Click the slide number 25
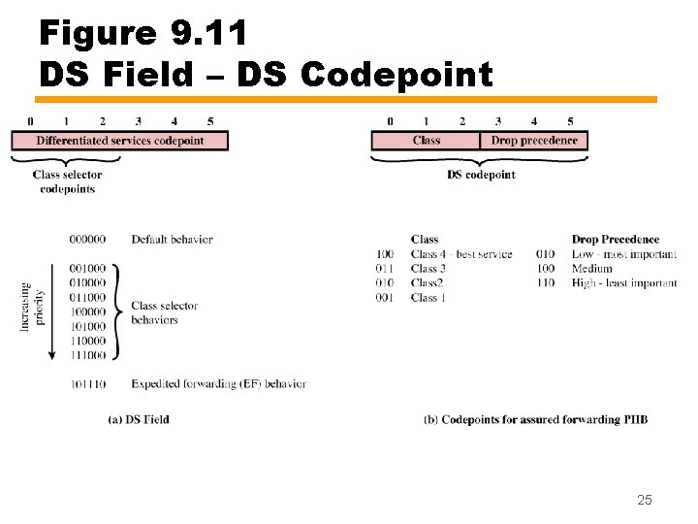coord(645,500)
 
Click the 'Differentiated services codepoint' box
coord(120,141)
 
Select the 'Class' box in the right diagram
coord(426,141)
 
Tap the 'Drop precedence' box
coord(534,141)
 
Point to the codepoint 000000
coord(88,239)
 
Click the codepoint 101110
coord(88,384)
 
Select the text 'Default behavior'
coord(172,239)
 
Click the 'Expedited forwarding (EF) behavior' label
coord(218,384)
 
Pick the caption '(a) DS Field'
coord(139,419)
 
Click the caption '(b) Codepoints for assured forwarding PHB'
coord(535,419)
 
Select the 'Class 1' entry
coord(428,298)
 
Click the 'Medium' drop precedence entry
coord(591,269)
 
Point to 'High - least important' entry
coord(624,283)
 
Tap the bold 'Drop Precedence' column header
coord(615,239)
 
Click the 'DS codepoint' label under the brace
coord(481,175)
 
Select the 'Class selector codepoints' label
coord(67,181)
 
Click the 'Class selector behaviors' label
coord(164,312)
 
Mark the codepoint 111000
coord(88,355)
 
